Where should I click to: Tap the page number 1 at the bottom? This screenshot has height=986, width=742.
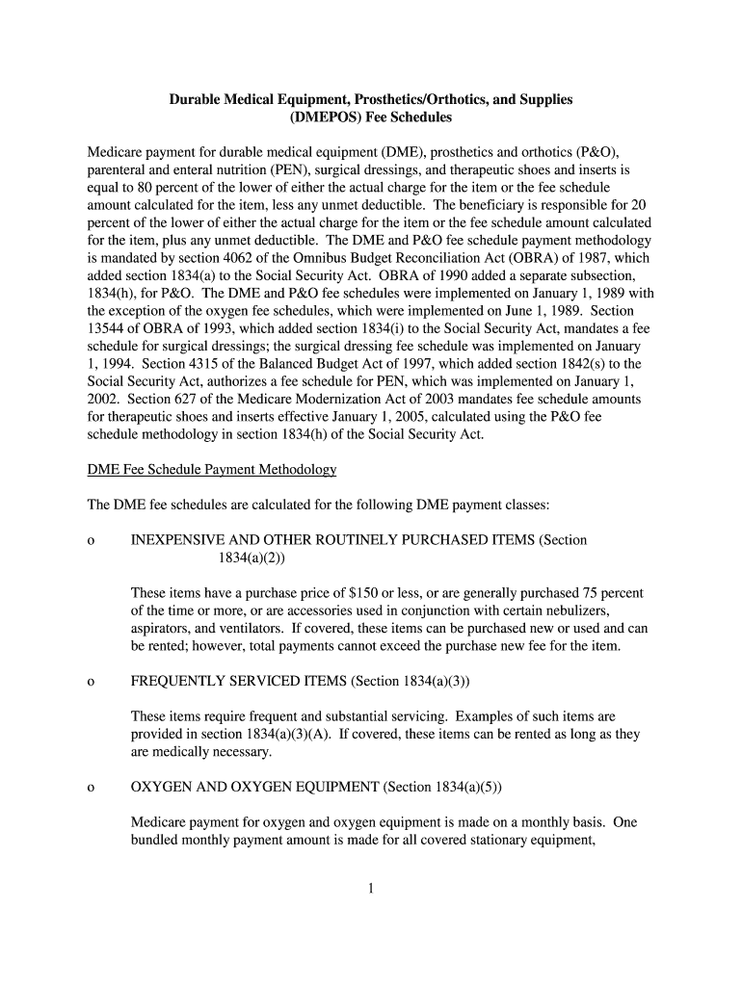pos(370,888)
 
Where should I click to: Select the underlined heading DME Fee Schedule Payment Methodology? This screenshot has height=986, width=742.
pos(212,470)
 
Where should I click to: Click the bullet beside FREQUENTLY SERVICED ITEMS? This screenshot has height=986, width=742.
pos(90,682)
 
